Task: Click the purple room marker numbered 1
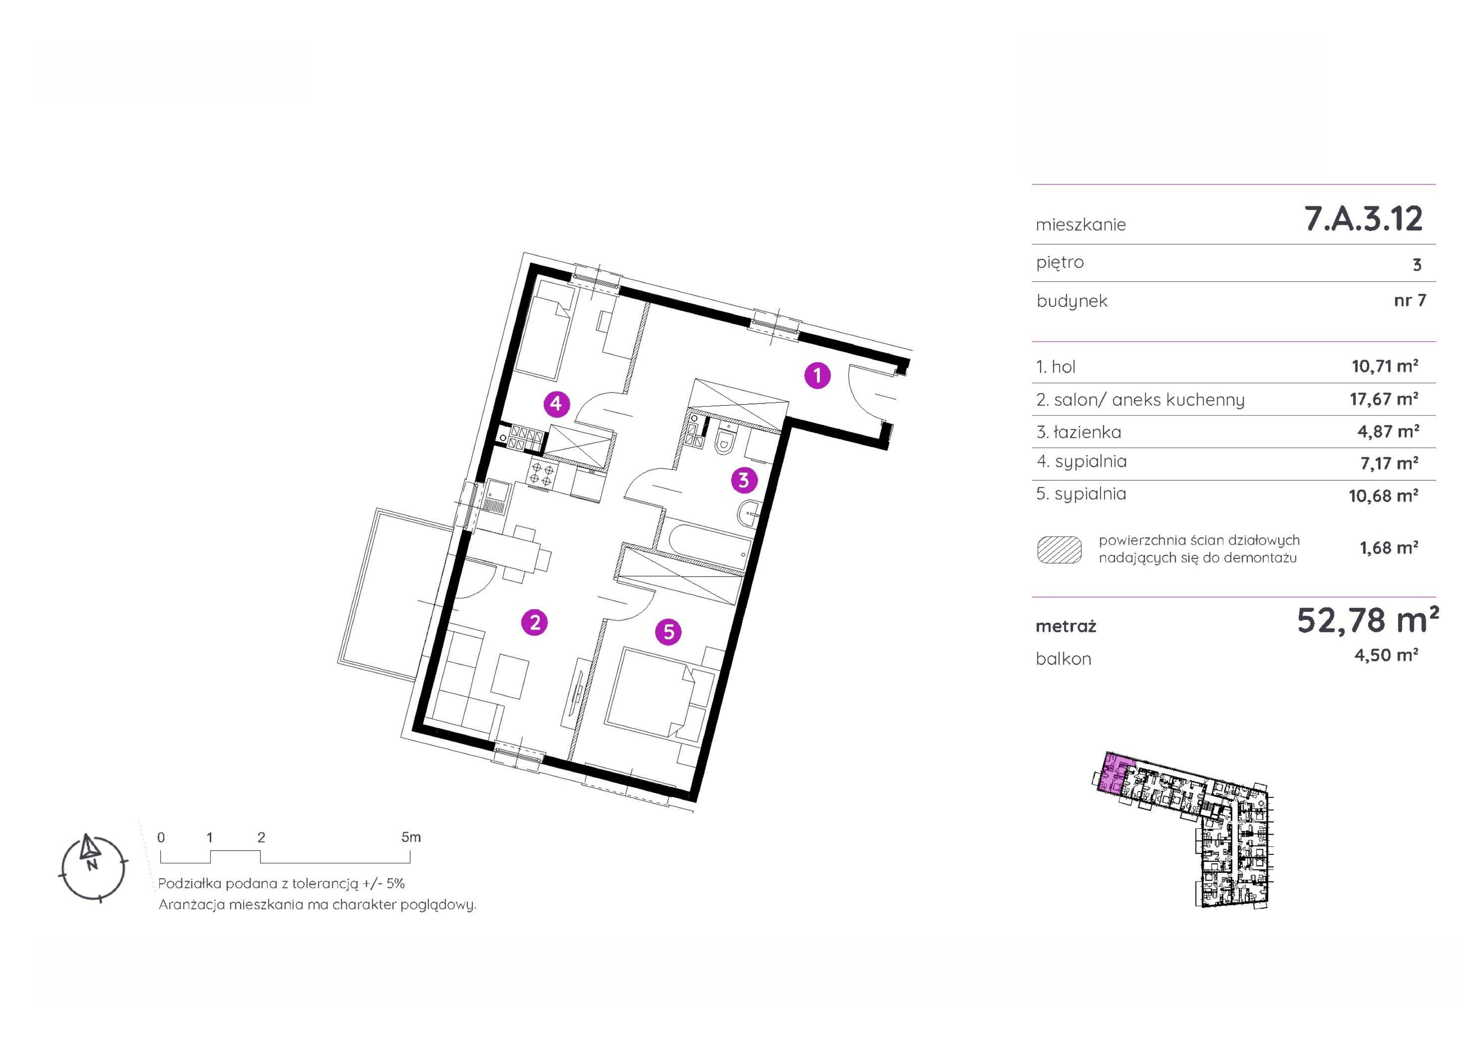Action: pyautogui.click(x=817, y=375)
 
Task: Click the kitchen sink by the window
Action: pyautogui.click(x=496, y=495)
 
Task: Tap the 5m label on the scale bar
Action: pyautogui.click(x=411, y=837)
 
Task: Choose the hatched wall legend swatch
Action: pyautogui.click(x=1059, y=549)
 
